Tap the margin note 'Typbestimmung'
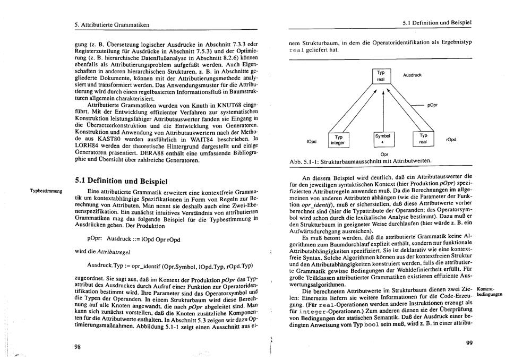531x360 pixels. point(46,190)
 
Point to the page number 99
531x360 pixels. point(469,343)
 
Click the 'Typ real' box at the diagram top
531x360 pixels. point(381,76)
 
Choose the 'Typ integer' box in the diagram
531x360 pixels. point(338,140)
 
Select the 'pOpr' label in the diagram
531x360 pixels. point(432,105)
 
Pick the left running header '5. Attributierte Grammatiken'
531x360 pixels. point(112,24)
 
